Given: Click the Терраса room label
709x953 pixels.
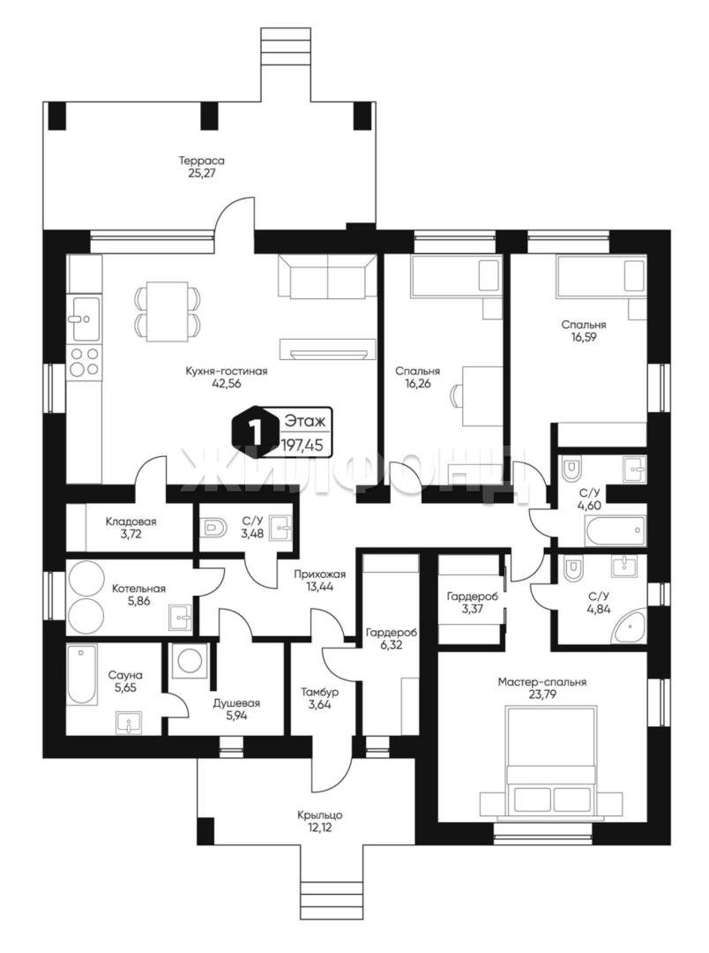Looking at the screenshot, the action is click(202, 161).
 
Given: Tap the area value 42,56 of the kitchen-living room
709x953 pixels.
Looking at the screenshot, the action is click(227, 383).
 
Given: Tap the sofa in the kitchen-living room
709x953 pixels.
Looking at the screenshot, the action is click(327, 277).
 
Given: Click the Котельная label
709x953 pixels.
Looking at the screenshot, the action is click(138, 589).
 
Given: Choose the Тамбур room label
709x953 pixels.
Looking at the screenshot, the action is click(319, 693).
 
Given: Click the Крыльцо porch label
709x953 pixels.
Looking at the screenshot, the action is click(320, 815).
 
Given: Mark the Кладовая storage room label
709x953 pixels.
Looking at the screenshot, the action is click(131, 522).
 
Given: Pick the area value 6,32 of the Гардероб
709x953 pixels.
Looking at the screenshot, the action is click(392, 645).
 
